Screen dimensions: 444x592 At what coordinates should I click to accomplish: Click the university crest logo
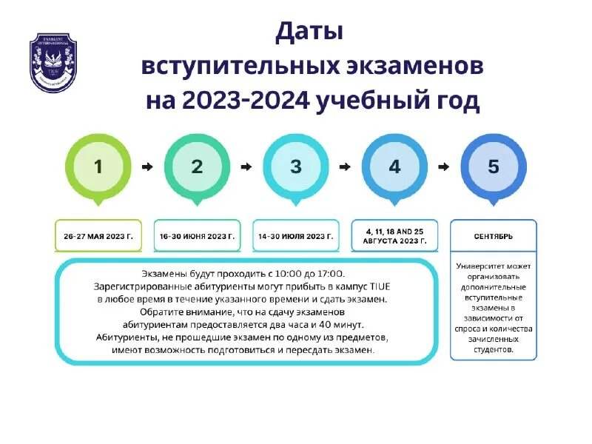[53, 63]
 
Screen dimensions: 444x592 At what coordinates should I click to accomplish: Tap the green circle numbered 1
[98, 167]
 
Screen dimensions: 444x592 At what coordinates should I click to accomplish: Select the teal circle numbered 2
[197, 167]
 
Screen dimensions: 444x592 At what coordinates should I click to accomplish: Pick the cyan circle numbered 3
[296, 167]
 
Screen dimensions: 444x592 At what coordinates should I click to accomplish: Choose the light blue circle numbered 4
[394, 167]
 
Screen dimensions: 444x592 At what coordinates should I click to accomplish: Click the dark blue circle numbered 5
[494, 167]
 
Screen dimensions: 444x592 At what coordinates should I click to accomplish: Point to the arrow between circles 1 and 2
[147, 167]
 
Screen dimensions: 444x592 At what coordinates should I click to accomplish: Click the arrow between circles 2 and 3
[246, 167]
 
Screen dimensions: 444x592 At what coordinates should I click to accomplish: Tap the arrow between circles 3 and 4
[345, 167]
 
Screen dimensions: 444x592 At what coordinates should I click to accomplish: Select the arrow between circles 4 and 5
[444, 167]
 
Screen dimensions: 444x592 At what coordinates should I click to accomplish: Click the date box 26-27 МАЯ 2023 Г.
[98, 236]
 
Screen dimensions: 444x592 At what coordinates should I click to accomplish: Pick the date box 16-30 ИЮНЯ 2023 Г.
[197, 236]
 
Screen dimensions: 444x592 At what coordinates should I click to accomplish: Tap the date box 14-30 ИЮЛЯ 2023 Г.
[296, 236]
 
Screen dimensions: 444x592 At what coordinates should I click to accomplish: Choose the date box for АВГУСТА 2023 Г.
[394, 236]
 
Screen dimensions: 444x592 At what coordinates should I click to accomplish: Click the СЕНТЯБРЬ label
[494, 236]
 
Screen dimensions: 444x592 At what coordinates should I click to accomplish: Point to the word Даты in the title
[309, 33]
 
